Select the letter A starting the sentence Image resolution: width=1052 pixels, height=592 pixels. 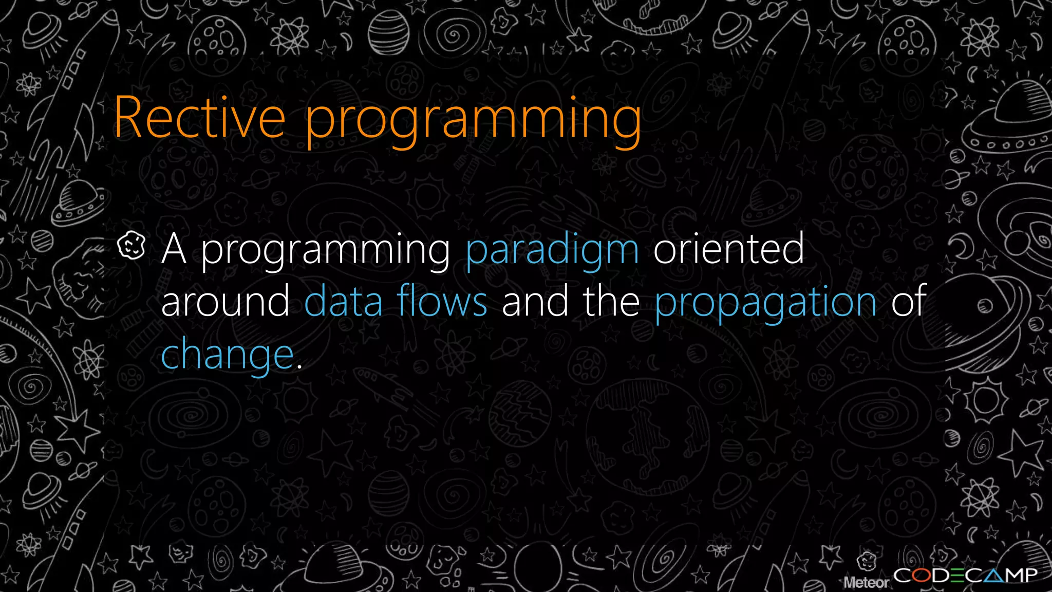click(x=173, y=249)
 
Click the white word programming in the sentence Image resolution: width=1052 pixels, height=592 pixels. click(x=325, y=251)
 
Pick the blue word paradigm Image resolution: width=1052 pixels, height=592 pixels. click(x=552, y=251)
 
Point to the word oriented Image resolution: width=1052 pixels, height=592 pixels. click(x=728, y=249)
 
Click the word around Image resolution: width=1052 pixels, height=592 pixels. click(x=226, y=302)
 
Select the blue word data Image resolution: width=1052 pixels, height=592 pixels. click(x=344, y=302)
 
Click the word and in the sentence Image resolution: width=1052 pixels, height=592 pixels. click(x=535, y=302)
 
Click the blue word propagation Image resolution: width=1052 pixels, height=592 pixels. click(x=765, y=303)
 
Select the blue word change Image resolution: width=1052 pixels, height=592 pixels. click(x=227, y=356)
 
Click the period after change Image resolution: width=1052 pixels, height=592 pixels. click(x=299, y=366)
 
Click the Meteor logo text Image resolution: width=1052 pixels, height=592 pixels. click(x=866, y=582)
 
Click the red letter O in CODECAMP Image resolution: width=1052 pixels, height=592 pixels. click(x=922, y=576)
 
